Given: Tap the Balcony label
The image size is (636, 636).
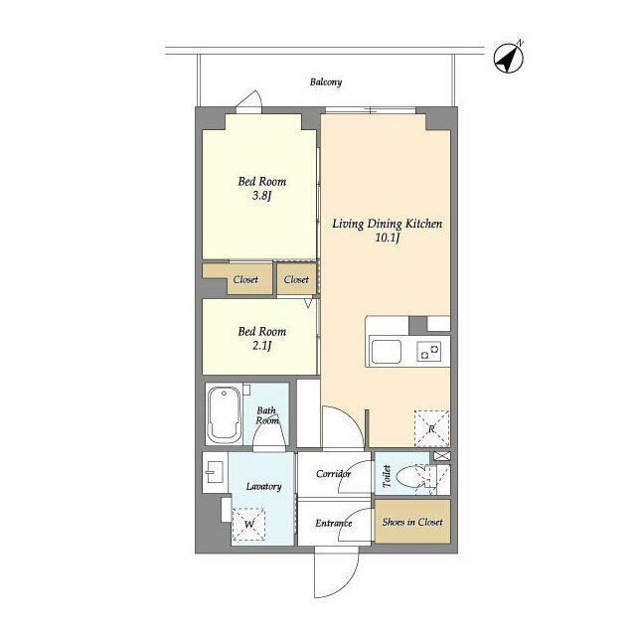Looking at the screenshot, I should pyautogui.click(x=326, y=81).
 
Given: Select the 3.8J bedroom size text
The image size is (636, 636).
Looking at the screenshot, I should pyautogui.click(x=261, y=197).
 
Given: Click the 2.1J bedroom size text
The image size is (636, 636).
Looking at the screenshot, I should pyautogui.click(x=261, y=346).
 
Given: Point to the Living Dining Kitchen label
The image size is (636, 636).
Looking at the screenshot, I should pyautogui.click(x=387, y=224).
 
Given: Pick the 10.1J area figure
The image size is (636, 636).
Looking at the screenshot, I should pyautogui.click(x=387, y=238).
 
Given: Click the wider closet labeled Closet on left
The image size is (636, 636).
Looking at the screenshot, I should pyautogui.click(x=244, y=279).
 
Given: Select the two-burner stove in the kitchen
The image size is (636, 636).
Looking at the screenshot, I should pyautogui.click(x=430, y=351).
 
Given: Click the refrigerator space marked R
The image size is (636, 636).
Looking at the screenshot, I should pyautogui.click(x=431, y=428).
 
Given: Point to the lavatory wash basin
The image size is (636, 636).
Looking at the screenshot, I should pyautogui.click(x=214, y=473).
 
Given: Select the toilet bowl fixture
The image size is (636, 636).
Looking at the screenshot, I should pyautogui.click(x=409, y=479).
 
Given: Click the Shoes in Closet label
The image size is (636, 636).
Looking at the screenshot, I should pyautogui.click(x=412, y=522).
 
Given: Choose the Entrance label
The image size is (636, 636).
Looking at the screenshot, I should pyautogui.click(x=333, y=523).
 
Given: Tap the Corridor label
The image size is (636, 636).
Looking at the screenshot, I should pyautogui.click(x=333, y=474).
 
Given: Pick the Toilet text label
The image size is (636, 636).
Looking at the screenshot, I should pyautogui.click(x=386, y=477).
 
